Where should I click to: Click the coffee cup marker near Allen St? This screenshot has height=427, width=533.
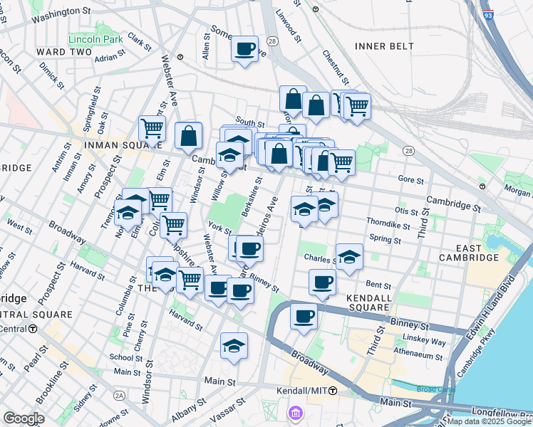click(245, 50)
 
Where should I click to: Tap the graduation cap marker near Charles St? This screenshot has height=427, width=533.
click(349, 258)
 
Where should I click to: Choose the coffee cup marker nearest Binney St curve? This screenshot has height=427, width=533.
click(304, 316)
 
